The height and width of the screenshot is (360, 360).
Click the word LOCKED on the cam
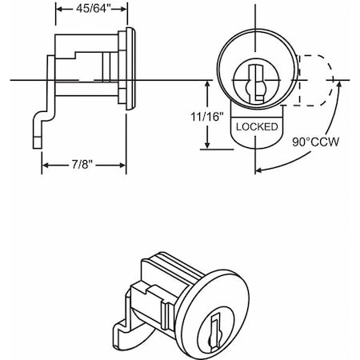click(257, 127)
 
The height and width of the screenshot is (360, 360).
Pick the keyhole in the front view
click(256, 83)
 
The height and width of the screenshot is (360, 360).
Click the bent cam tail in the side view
click(40, 128)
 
